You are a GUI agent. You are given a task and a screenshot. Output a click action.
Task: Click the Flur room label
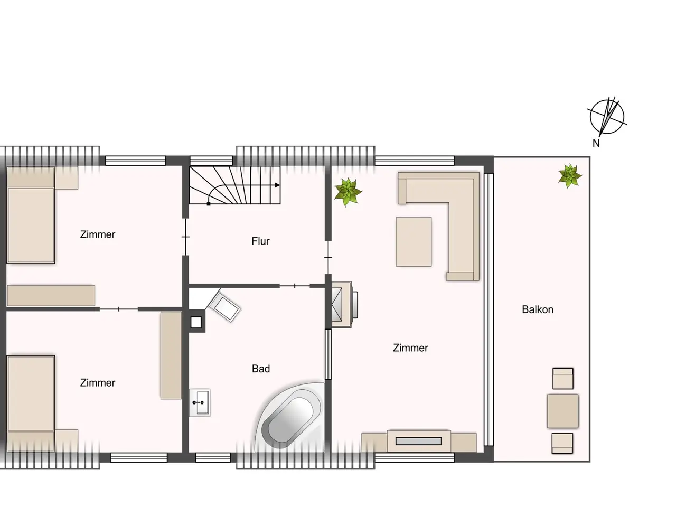click(x=260, y=241)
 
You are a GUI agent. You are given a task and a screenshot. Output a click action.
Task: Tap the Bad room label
click(x=260, y=369)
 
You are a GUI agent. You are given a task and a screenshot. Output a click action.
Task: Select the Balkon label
click(x=538, y=309)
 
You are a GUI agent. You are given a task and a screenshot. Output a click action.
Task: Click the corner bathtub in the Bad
click(x=289, y=416)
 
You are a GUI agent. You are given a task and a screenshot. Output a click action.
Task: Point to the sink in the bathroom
click(x=200, y=402)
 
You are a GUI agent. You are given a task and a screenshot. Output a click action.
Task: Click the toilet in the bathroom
click(x=224, y=306)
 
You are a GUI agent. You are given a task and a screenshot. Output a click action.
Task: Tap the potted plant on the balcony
click(x=570, y=176)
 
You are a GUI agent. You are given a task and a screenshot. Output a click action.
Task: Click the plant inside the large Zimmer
click(x=348, y=192)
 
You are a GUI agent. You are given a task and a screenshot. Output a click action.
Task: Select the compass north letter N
click(x=596, y=143)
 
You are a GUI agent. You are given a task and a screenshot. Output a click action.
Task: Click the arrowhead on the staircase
click(x=277, y=185)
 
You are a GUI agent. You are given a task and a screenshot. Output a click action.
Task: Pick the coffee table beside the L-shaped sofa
click(x=414, y=242)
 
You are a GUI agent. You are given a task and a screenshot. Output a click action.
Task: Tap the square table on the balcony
click(x=562, y=411)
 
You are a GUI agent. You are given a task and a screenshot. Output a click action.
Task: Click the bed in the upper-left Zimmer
click(x=31, y=215)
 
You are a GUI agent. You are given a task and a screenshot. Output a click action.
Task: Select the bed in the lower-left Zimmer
click(x=31, y=403)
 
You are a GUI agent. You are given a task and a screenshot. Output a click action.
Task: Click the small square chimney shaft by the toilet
click(x=196, y=322)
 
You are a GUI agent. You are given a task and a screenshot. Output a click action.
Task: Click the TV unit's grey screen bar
click(x=418, y=442)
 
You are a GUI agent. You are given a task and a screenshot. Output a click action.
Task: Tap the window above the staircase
click(x=211, y=161)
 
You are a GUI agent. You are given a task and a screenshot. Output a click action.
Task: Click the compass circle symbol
click(x=607, y=117)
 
